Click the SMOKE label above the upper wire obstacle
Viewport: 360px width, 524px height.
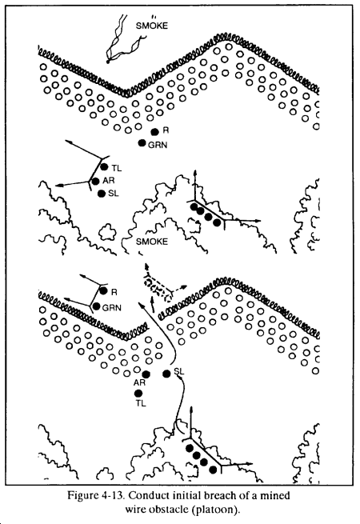tap(151, 26)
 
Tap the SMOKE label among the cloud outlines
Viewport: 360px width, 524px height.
tap(152, 242)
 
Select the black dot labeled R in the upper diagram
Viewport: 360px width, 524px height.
tap(154, 132)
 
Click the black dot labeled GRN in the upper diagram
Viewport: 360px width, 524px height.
tap(142, 143)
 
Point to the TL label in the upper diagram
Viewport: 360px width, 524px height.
tap(117, 168)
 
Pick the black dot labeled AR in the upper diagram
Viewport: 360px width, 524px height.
tap(95, 181)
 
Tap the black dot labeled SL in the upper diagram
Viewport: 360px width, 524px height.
tap(102, 194)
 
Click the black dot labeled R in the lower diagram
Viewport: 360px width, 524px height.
tap(104, 290)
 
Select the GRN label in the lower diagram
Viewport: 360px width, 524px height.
tap(112, 307)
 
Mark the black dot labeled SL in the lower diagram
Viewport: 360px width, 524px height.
tap(166, 374)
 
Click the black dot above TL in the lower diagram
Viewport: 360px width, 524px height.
tap(138, 394)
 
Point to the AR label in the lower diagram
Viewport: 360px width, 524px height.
tap(139, 382)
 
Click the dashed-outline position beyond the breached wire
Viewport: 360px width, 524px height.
tap(158, 289)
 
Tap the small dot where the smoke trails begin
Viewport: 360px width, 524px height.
tap(108, 62)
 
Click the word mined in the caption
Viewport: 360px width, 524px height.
tap(276, 495)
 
